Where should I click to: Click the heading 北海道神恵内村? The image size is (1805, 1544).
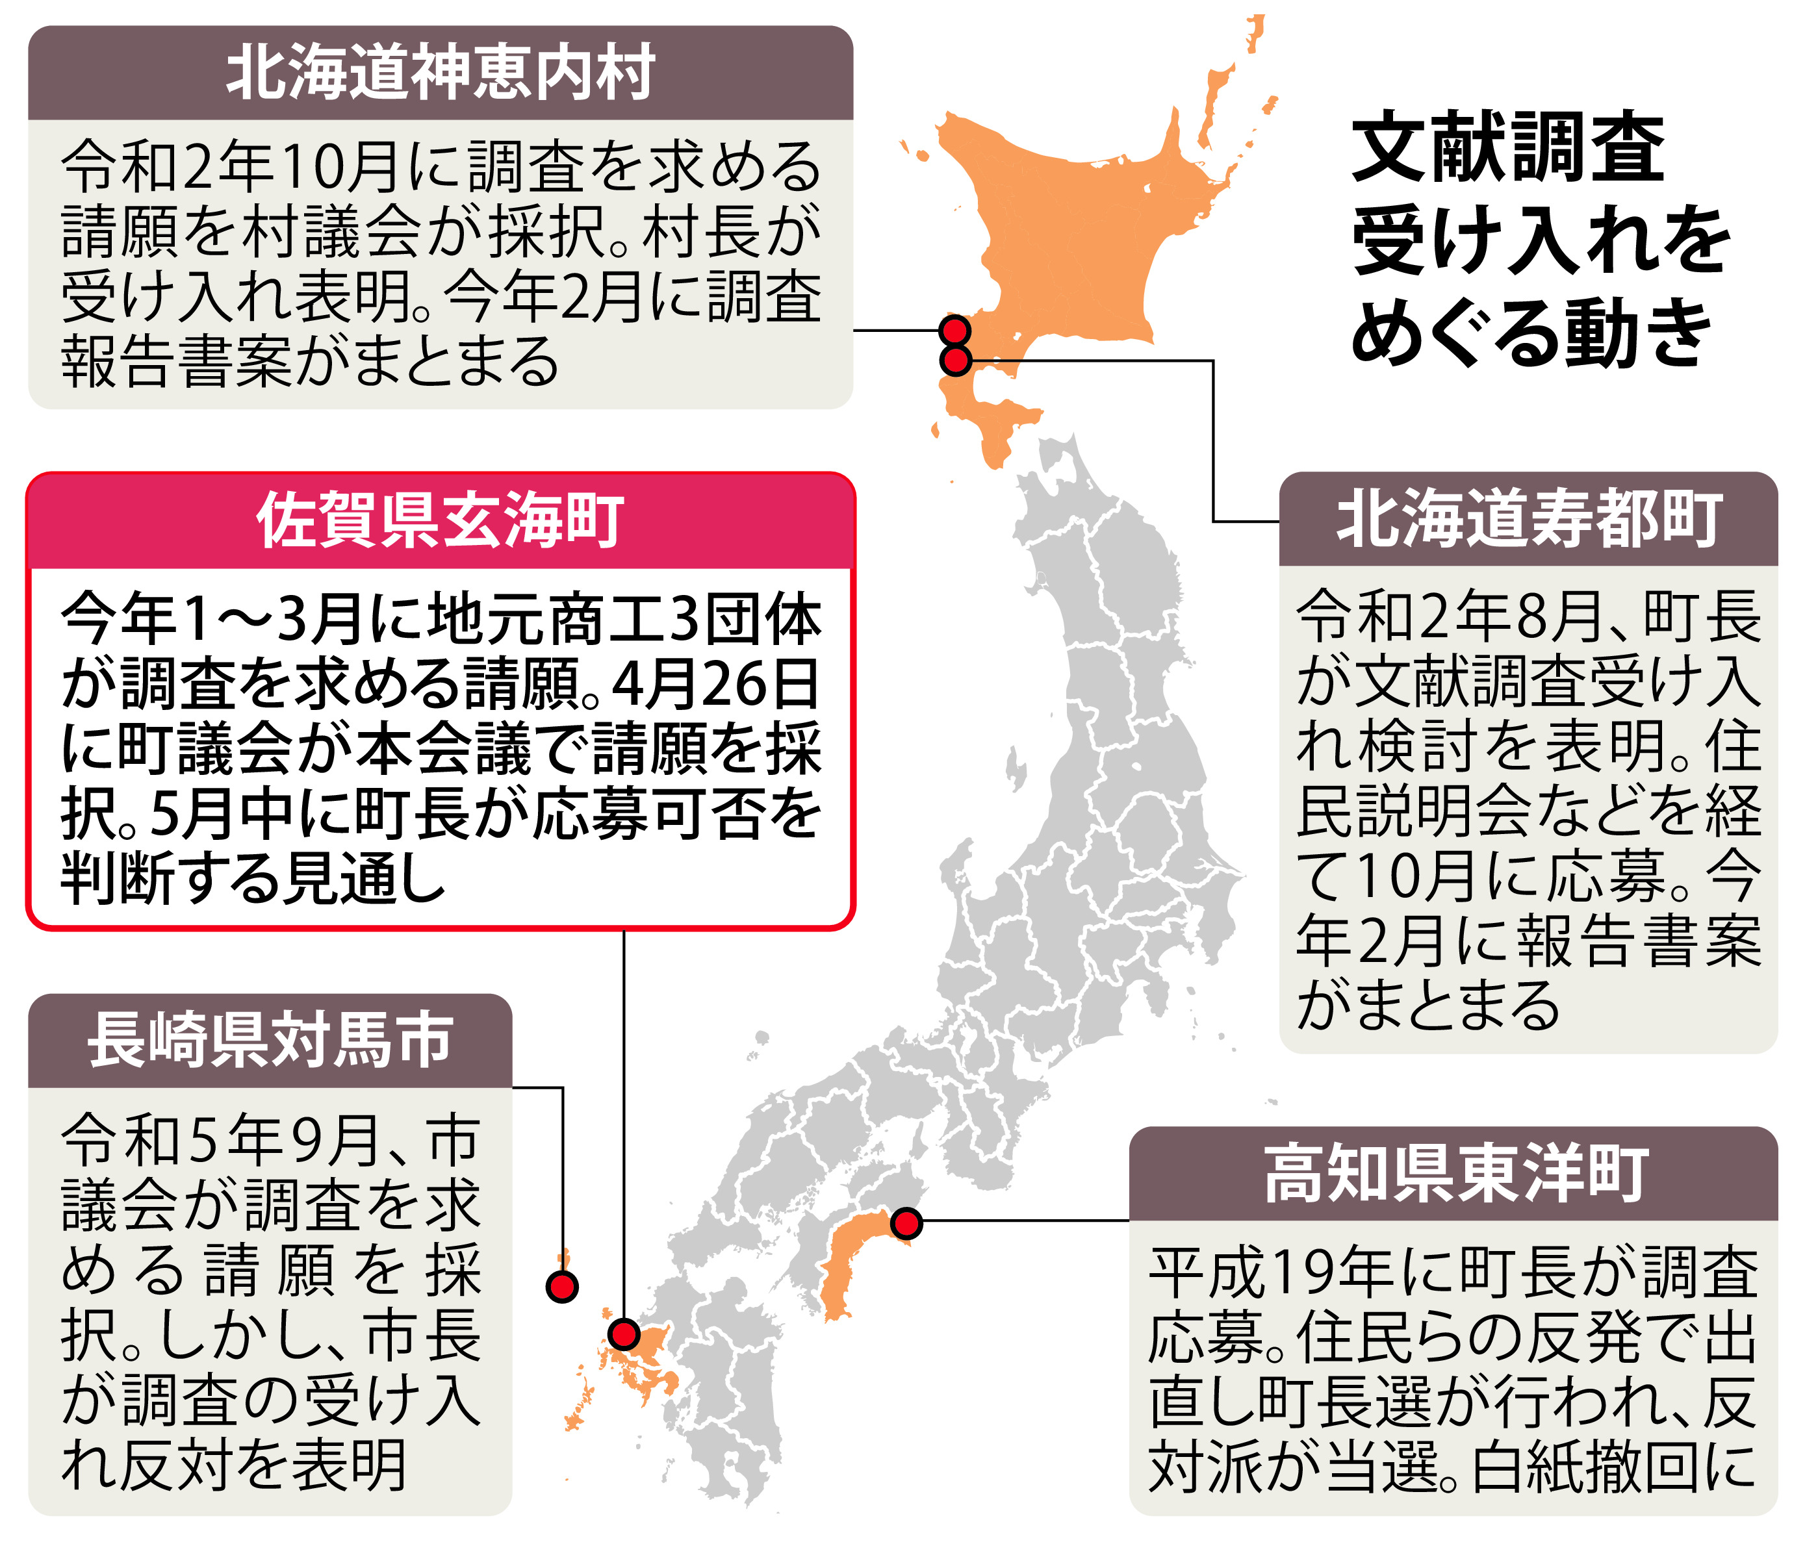pos(440,73)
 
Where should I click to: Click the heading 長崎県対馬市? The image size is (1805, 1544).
pos(270,1040)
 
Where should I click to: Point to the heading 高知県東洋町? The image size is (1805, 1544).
pos(1455,1173)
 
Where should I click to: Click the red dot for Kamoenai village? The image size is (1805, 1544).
pos(956,331)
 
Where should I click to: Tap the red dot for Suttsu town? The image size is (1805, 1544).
pos(956,360)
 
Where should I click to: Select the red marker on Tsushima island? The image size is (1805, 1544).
pos(562,1286)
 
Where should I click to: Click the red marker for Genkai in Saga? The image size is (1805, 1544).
pos(624,1334)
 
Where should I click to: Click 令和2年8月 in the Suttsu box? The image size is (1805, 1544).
pos(1450,616)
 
